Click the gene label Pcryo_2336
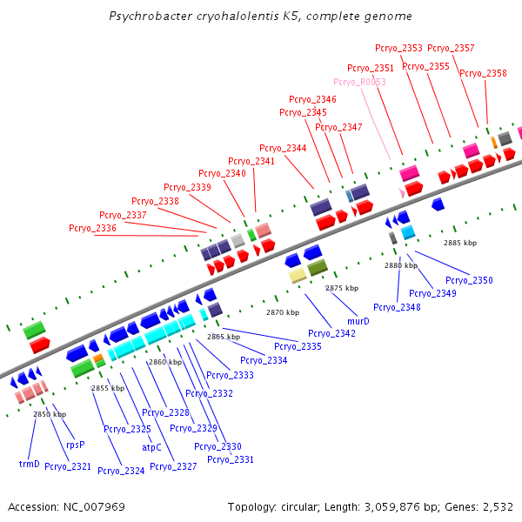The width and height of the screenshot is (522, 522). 92,228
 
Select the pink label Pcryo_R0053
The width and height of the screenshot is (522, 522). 359,82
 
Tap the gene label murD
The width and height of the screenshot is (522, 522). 358,321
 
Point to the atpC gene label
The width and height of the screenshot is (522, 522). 151,447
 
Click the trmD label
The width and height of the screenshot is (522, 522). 30,464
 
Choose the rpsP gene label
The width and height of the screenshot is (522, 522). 76,445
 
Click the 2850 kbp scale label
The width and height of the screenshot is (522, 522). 50,414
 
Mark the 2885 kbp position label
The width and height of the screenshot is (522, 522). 460,243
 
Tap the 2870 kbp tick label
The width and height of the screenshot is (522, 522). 283,312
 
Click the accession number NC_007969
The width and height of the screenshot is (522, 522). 94,507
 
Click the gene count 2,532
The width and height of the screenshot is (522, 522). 498,507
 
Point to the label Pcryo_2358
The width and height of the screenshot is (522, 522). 483,73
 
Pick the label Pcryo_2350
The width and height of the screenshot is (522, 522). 469,280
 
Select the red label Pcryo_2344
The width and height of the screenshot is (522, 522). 283,148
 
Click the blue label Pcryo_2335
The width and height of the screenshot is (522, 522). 298,346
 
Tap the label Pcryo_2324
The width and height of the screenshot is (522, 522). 121,471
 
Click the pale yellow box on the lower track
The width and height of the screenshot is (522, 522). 298,276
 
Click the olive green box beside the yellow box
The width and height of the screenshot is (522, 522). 318,267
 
